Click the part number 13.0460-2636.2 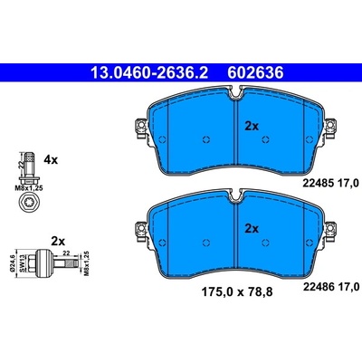pos(149,72)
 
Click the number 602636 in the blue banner pos(255,72)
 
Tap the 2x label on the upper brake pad pos(252,126)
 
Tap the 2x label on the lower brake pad pos(252,229)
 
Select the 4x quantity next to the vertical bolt pos(51,159)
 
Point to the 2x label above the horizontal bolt pos(58,242)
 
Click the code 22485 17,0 pos(331,183)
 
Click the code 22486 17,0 pos(331,287)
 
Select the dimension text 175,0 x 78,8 pos(237,292)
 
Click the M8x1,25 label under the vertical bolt pos(29,188)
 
